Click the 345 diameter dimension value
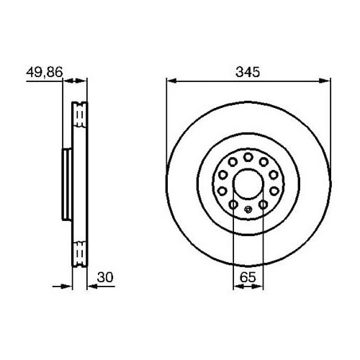(246, 71)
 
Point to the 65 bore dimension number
(247, 275)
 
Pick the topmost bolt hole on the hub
(247, 156)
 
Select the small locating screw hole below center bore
(247, 210)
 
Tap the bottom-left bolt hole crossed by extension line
(233, 205)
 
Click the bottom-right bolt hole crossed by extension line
(263, 205)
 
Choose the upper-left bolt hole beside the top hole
(232, 161)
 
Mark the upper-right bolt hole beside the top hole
(263, 161)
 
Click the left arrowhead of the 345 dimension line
(171, 79)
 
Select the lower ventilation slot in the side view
(80, 253)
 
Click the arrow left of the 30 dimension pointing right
(68, 286)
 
